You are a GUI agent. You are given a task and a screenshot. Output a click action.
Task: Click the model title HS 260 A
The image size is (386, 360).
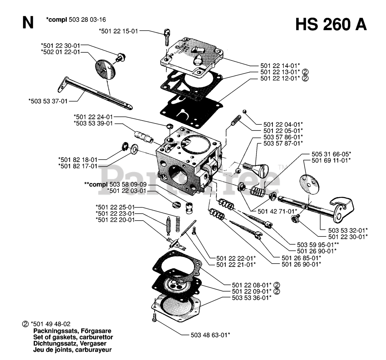coord(331,25)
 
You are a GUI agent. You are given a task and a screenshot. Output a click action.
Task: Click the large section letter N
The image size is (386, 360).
coord(28,23)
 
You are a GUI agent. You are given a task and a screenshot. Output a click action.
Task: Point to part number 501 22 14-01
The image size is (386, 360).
coord(280,66)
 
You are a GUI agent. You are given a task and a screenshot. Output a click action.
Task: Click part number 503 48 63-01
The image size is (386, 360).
coord(210,335)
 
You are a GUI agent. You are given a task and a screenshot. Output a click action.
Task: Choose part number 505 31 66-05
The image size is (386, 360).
coord(331,154)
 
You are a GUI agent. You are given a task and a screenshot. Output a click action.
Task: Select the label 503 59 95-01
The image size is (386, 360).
coord(316,245)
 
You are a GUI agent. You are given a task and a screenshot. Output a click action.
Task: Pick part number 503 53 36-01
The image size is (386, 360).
coord(252,298)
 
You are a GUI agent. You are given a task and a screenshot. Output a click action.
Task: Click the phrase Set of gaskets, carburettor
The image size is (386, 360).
coord(73,337)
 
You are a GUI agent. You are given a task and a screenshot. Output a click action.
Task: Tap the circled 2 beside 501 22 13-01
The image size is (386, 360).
coord(305,72)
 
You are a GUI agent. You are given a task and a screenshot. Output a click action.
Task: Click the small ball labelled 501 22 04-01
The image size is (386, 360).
coord(244,111)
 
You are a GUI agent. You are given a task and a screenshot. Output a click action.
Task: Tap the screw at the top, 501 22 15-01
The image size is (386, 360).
coord(166,37)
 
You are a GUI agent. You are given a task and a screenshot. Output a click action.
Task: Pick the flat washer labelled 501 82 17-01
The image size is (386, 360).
coord(134,149)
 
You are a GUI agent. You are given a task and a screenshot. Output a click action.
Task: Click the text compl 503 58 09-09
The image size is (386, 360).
coord(115,184)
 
